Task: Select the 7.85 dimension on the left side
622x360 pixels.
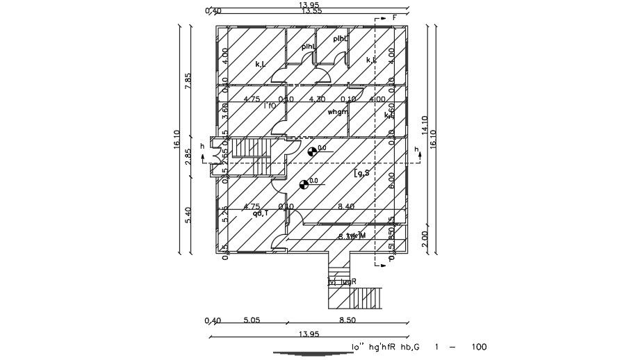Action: pyautogui.click(x=188, y=81)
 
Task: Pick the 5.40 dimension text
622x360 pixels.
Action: pyautogui.click(x=188, y=215)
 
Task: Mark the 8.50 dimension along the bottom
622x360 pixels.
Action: pyautogui.click(x=347, y=320)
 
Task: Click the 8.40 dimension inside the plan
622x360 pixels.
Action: pyautogui.click(x=345, y=206)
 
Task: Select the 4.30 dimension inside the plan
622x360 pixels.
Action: pyautogui.click(x=318, y=99)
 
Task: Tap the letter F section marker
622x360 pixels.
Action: pyautogui.click(x=394, y=17)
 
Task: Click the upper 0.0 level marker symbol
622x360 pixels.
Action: pyautogui.click(x=312, y=149)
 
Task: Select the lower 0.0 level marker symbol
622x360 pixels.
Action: pyautogui.click(x=304, y=184)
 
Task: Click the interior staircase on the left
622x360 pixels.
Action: pyautogui.click(x=247, y=148)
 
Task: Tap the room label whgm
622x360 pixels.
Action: pyautogui.click(x=337, y=112)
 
